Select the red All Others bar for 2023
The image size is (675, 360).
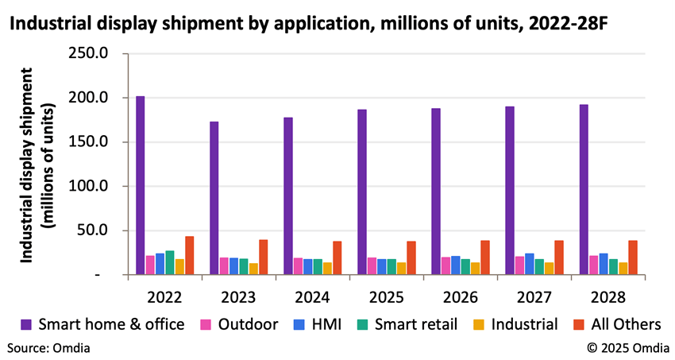[x=263, y=257]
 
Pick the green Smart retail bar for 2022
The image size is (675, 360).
[x=170, y=262]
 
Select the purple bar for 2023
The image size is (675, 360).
[x=214, y=198]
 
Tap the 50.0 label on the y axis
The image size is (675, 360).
[x=100, y=230]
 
